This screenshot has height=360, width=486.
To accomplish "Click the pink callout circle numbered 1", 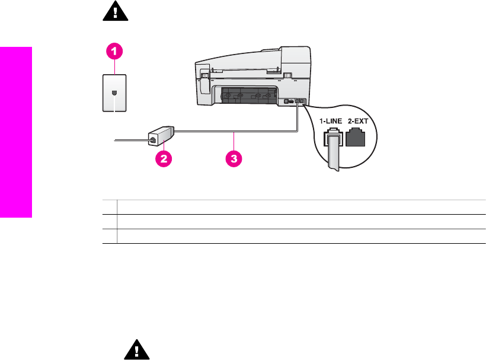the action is click(115, 52).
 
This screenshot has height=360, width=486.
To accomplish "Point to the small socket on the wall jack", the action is click(113, 93).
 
